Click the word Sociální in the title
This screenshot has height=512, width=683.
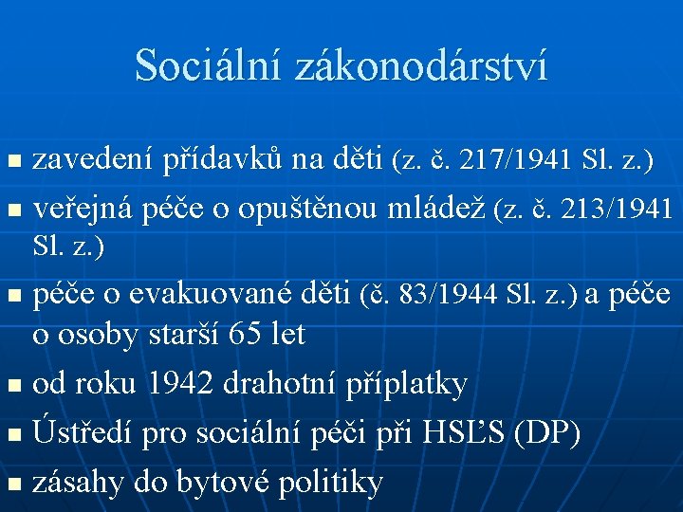tap(209, 65)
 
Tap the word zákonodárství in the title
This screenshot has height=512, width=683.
tap(422, 65)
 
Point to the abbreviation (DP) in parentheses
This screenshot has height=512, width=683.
tap(546, 433)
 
